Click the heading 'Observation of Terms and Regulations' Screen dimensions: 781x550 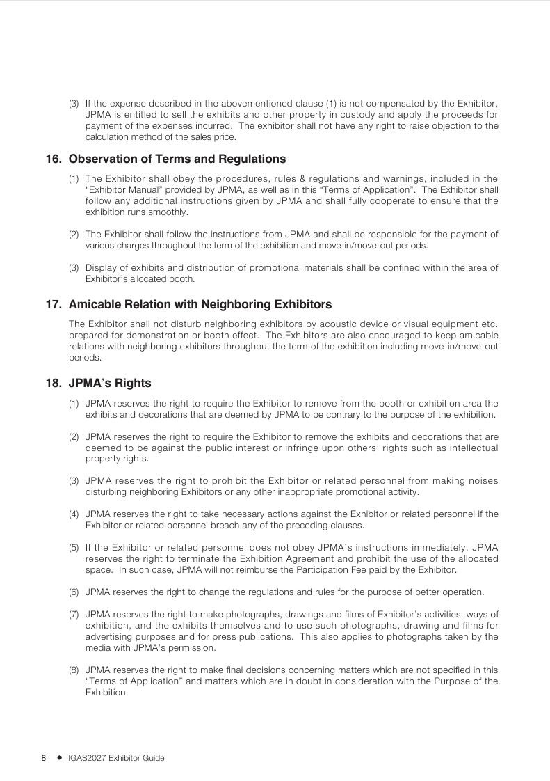pyautogui.click(x=177, y=159)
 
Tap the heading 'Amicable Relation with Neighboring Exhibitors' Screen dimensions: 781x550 pyautogui.click(x=200, y=305)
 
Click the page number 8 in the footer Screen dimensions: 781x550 pyautogui.click(x=44, y=758)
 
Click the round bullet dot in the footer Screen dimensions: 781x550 pyautogui.click(x=60, y=758)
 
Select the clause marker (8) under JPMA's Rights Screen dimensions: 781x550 pyautogui.click(x=73, y=670)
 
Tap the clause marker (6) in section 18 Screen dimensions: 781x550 pyautogui.click(x=73, y=592)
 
